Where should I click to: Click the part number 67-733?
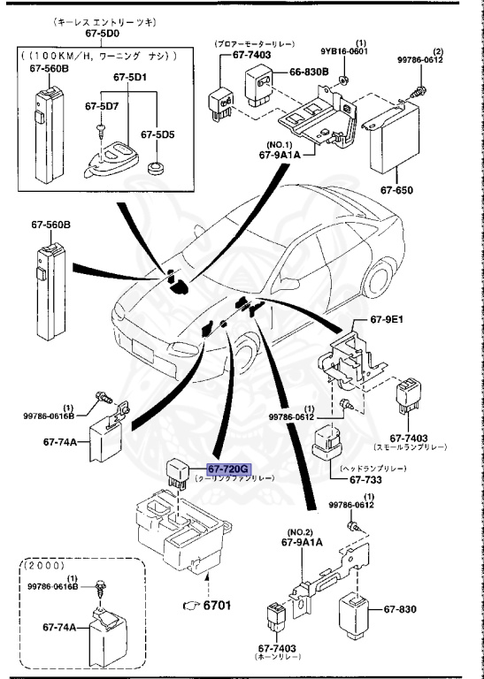click(x=364, y=480)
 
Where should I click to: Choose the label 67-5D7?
click(x=101, y=106)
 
